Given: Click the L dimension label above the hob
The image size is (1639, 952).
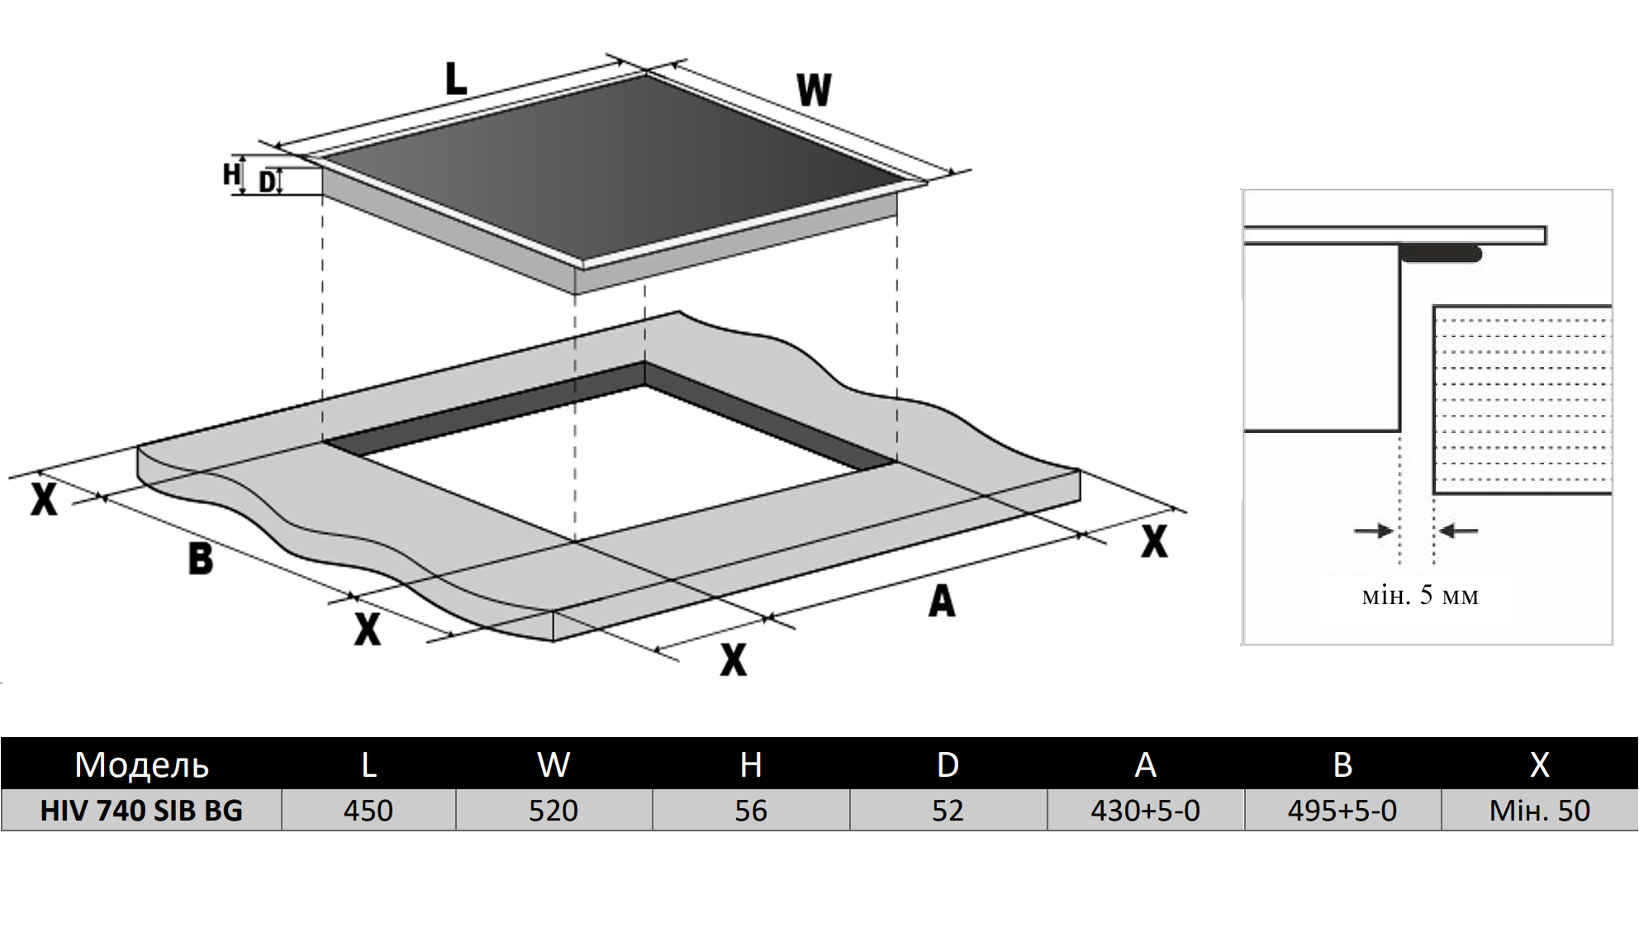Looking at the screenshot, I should coord(456,80).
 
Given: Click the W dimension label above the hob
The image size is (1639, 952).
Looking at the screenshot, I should coord(814,90).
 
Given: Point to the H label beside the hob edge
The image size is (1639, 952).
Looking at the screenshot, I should coord(231,174).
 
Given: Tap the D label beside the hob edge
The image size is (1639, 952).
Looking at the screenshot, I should coord(266,182).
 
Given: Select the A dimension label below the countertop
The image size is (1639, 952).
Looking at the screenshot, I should coord(942,601).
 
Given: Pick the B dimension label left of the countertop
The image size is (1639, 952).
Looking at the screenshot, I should coord(200,559).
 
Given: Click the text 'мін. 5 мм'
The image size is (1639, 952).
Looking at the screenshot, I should coord(1420,595).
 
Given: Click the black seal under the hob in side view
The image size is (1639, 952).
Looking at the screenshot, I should coord(1441,254).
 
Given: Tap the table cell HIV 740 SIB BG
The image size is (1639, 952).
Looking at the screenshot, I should coord(141,811).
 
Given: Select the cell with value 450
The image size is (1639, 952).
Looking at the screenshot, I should coord(368,811).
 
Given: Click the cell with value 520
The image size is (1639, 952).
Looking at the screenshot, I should coord(553,811).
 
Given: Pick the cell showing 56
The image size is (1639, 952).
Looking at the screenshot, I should coord(751,811).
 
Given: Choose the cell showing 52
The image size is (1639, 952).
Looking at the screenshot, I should coord(948,811).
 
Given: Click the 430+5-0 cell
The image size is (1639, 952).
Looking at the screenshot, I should coord(1145,811).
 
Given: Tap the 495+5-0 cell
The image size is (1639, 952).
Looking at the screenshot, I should coord(1342,811).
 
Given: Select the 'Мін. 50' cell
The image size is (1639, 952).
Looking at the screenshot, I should coord(1539,811).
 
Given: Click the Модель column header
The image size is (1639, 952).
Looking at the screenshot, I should coord(141,764).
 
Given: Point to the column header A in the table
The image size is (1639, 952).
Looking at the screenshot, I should coord(1145,764).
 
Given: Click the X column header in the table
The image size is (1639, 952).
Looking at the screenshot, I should coord(1539,764).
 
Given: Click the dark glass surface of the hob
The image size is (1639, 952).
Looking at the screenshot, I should coord(611,165).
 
